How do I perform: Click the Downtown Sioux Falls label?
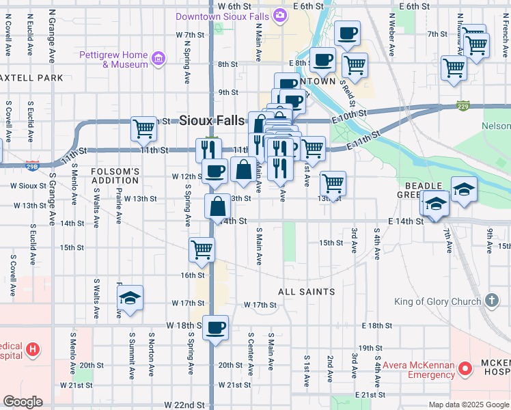pos(223,16)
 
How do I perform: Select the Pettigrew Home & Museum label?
pos(113,59)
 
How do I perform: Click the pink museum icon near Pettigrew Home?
pos(158,59)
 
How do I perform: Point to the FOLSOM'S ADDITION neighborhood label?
pos(115,176)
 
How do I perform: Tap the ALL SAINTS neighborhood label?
pos(306,292)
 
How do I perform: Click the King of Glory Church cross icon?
pos(491,301)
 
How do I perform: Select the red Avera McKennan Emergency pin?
pos(466,369)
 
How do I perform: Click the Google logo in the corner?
pos(23,402)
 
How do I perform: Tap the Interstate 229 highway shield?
pos(463,106)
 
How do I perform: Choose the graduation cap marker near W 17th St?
pos(129,298)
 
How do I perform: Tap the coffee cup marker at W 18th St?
pos(216,328)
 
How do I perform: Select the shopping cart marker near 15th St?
pos(202,250)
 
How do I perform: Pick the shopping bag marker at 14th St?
pos(217,206)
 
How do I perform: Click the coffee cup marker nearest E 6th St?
pos(347,33)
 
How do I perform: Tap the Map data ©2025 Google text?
pos(469,405)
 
